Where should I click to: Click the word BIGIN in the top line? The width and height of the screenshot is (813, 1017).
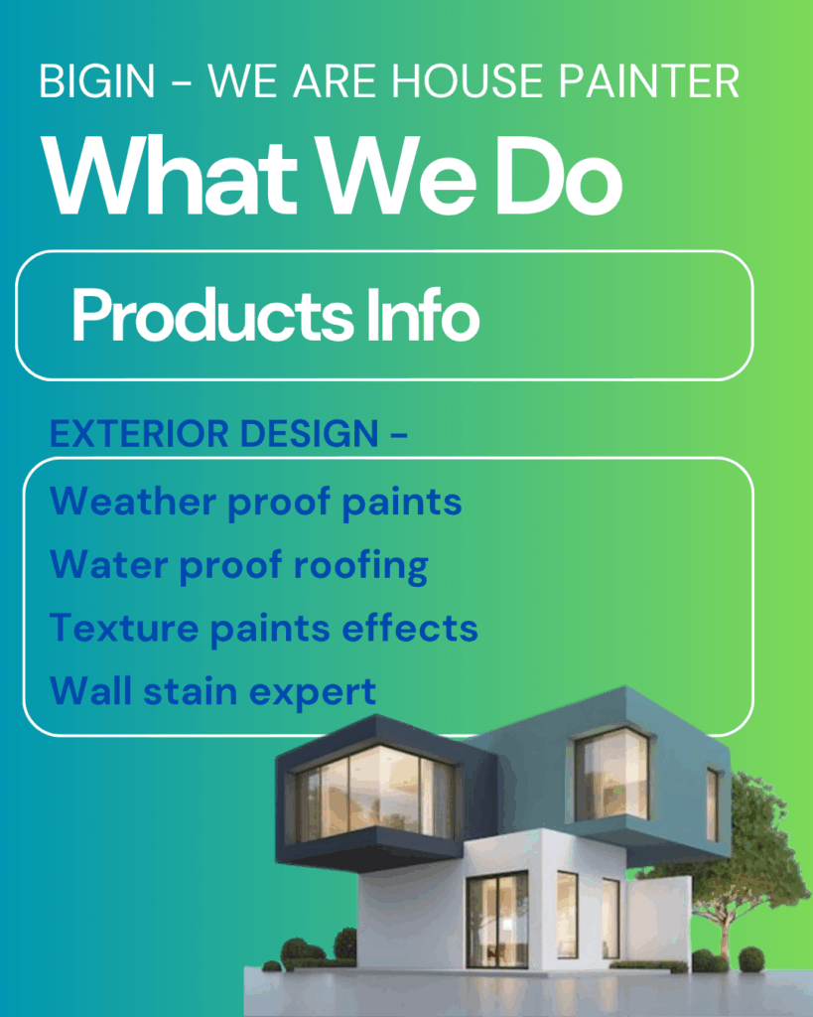coord(97,81)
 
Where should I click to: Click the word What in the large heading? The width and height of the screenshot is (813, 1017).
coord(170,177)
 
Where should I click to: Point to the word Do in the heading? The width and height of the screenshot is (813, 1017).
coord(562,177)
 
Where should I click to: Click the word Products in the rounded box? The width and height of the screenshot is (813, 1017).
coord(212,316)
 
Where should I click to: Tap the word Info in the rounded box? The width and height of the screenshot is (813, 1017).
coord(423,315)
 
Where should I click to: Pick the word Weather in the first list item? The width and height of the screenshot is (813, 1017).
coord(133,501)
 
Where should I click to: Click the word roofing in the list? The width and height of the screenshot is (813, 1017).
coord(360,565)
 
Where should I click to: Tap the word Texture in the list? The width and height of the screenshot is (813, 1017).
coord(124,628)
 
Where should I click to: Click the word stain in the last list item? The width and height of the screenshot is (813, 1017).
coord(190,691)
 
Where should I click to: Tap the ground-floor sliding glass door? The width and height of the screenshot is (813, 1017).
coord(497,920)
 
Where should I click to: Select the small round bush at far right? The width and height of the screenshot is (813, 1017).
coord(751,959)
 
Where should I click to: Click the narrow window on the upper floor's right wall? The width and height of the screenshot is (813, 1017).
coord(713,804)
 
